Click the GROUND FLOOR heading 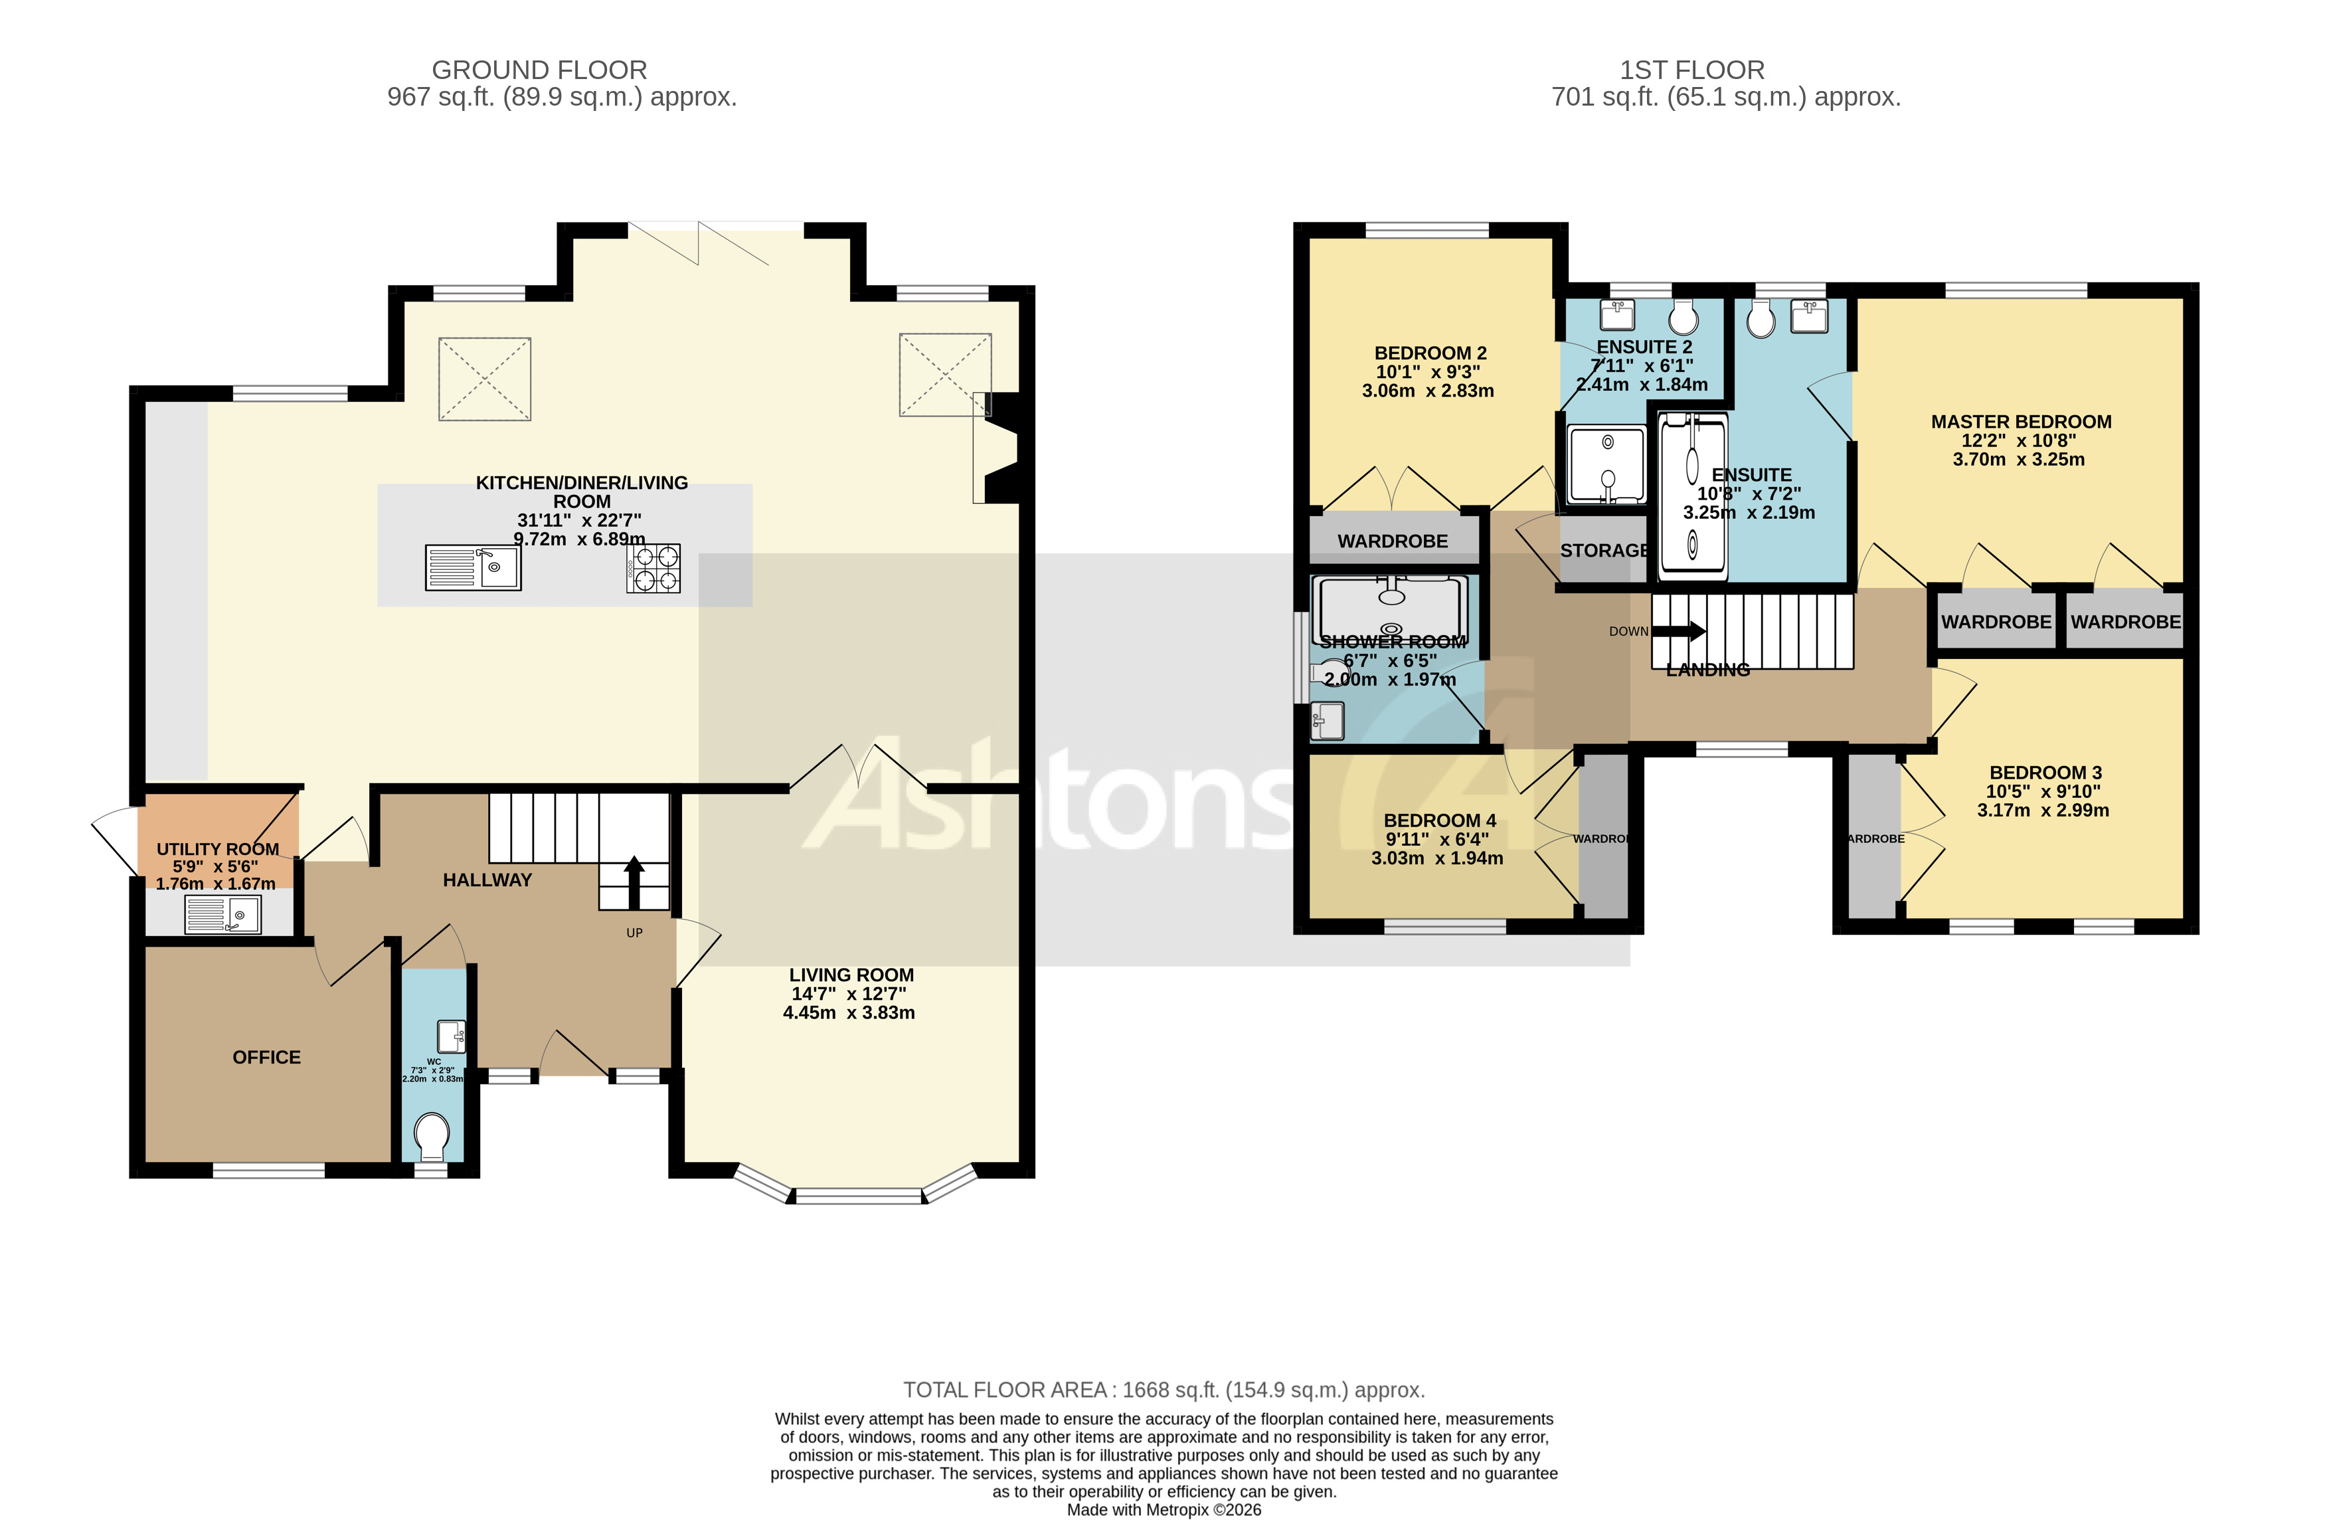pos(539,70)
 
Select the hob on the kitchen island pos(653,569)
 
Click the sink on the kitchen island pos(473,568)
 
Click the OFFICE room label pos(266,1057)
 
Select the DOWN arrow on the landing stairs pos(1680,631)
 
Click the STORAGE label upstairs pos(1604,551)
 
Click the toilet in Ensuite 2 pos(1683,316)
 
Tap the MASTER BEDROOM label pos(2021,422)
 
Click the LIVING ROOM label pos(850,975)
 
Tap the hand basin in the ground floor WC pos(451,1036)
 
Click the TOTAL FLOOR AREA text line pos(1164,1390)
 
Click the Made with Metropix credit pos(1164,1509)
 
